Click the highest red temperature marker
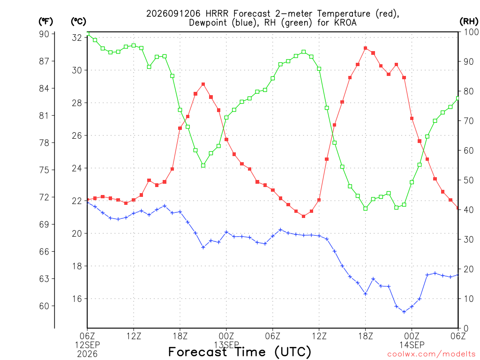point(366,48)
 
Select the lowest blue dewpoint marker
point(404,312)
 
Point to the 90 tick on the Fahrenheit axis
point(44,34)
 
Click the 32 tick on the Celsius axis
point(77,37)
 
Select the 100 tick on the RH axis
point(471,32)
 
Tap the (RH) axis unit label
point(469,22)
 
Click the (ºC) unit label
point(78,22)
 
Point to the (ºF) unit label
point(45,22)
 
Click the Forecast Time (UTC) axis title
point(240,352)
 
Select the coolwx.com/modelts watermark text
point(431,354)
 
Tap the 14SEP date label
point(412,345)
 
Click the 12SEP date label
point(88,345)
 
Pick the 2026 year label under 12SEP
point(88,354)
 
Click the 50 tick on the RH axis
point(468,180)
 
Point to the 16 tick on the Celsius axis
point(77,299)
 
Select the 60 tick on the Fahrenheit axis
point(44,306)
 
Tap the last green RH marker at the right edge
point(458,98)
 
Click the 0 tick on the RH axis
point(466,329)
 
